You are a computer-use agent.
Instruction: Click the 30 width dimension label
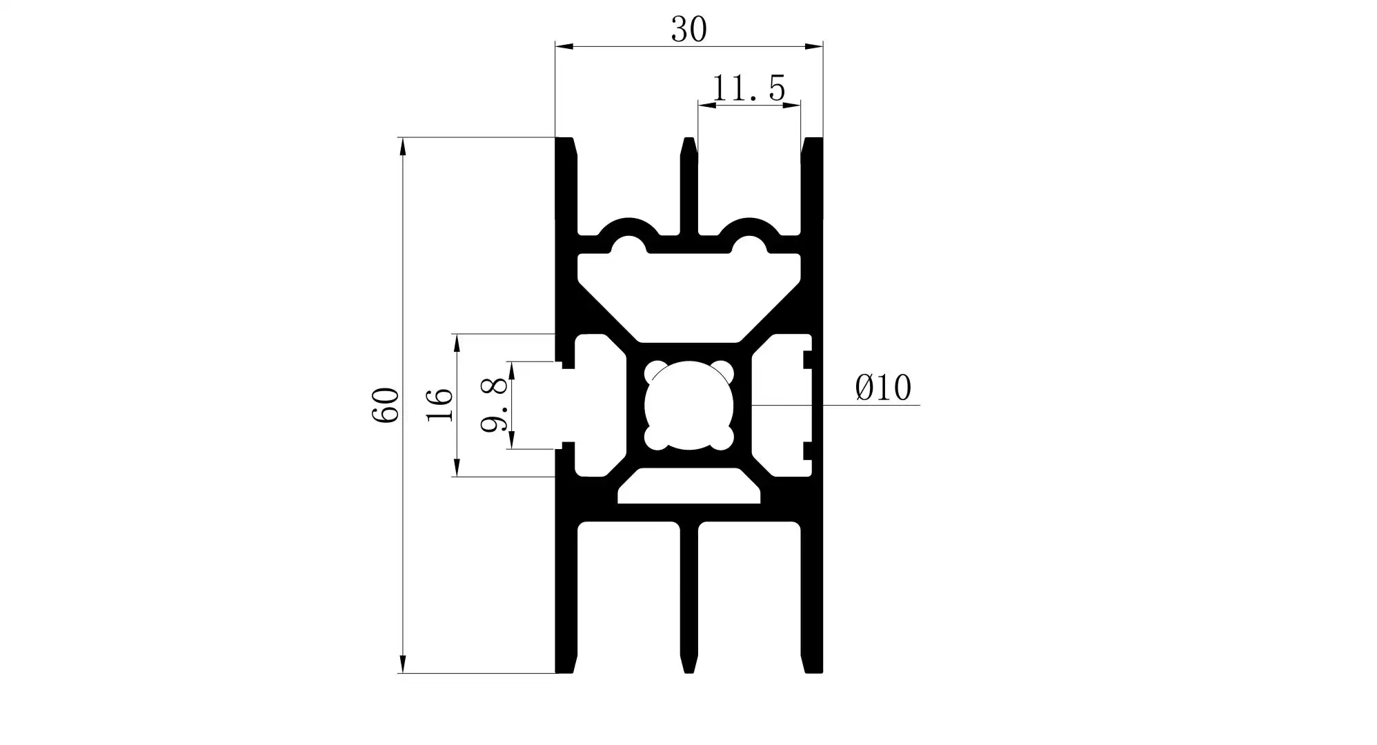[x=688, y=30]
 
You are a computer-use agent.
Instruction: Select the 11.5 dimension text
[x=748, y=89]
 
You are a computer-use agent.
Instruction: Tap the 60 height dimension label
[x=386, y=405]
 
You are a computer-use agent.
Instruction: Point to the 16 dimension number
[x=439, y=405]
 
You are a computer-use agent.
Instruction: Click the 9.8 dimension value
[x=495, y=406]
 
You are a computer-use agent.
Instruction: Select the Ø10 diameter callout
[x=883, y=388]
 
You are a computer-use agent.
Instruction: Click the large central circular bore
[x=688, y=406]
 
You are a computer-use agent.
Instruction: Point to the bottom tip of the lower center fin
[x=688, y=670]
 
